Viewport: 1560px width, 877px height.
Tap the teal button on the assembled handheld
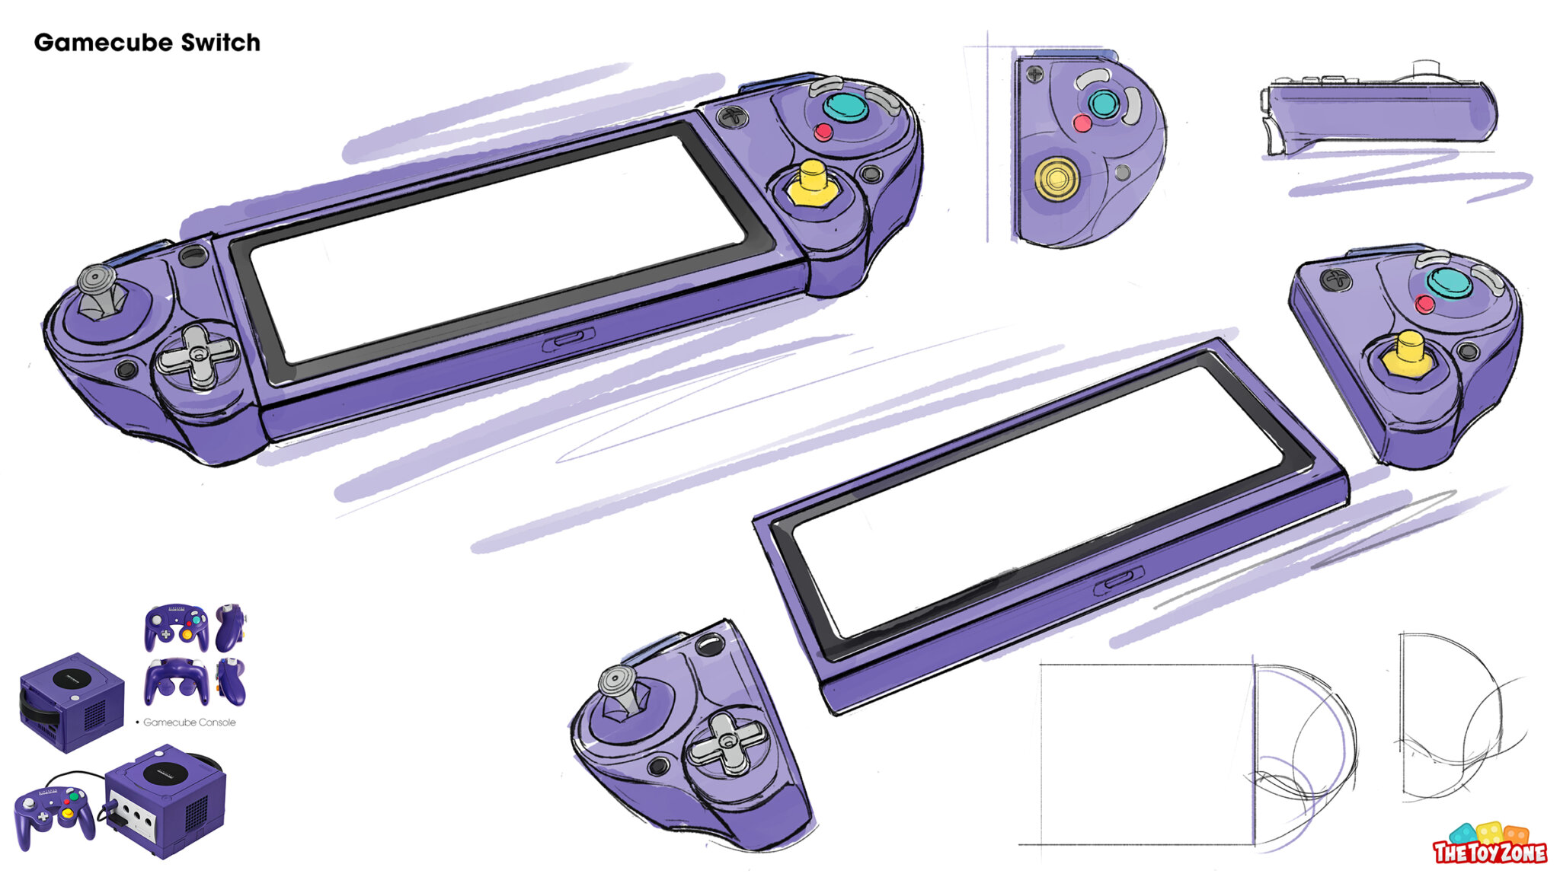pyautogui.click(x=846, y=107)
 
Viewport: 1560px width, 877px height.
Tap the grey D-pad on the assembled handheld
pyautogui.click(x=197, y=356)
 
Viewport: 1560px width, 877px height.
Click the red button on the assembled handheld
pyautogui.click(x=823, y=132)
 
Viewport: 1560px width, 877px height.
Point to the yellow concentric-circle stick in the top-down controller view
pyautogui.click(x=1056, y=178)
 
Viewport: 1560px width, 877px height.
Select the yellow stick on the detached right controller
pyautogui.click(x=1408, y=355)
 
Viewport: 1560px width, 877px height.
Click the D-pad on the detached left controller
pyautogui.click(x=727, y=739)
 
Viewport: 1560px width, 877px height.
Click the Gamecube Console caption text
pyautogui.click(x=189, y=722)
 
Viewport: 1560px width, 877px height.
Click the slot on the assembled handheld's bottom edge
pyautogui.click(x=568, y=340)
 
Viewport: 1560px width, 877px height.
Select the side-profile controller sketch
pyautogui.click(x=1379, y=110)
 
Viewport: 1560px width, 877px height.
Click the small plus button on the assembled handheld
pyautogui.click(x=732, y=116)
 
